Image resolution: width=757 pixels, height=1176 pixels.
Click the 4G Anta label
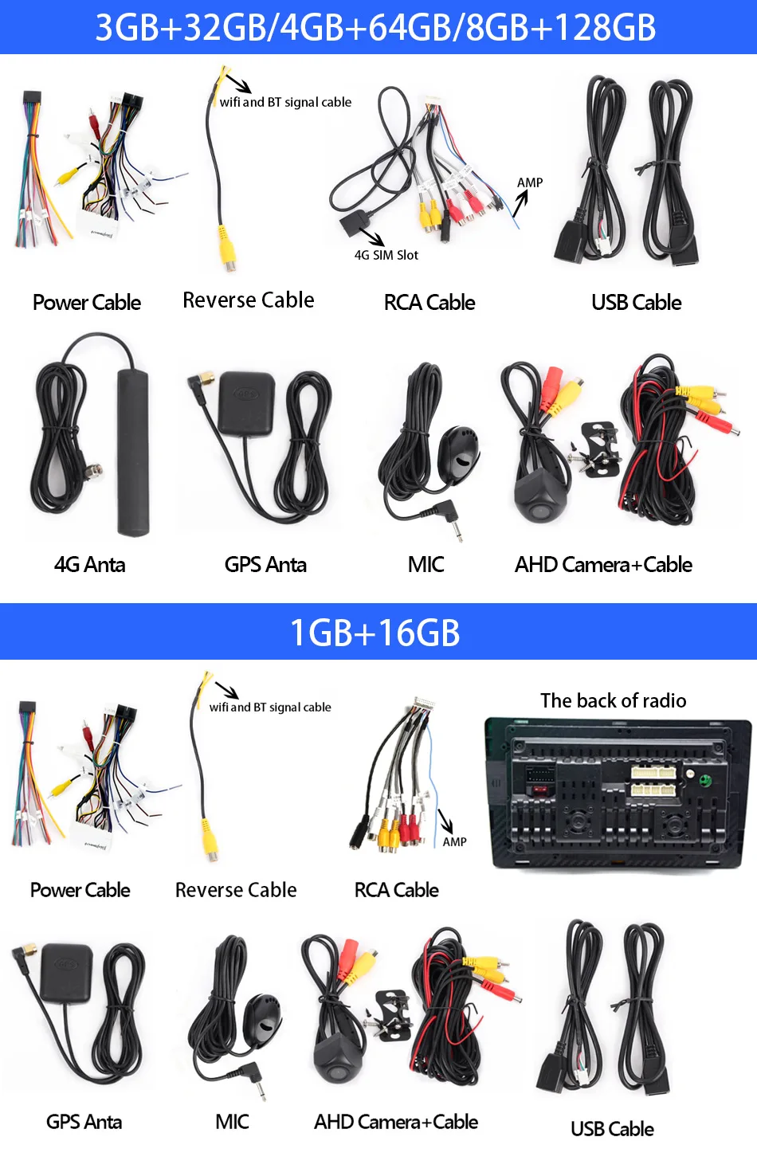point(89,565)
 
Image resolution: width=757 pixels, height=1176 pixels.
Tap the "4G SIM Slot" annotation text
point(386,255)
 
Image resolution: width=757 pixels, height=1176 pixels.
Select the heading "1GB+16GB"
point(375,633)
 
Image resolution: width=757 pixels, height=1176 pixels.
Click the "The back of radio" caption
point(613,700)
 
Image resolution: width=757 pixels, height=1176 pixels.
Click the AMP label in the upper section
point(530,182)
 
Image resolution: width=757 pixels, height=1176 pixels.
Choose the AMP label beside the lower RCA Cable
point(454,842)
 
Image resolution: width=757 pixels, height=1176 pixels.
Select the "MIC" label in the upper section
point(426,565)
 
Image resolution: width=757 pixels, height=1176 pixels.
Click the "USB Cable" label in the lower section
point(612,1129)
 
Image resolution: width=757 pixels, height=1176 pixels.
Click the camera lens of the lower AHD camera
point(338,1072)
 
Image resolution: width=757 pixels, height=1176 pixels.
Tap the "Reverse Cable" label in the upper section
point(248,300)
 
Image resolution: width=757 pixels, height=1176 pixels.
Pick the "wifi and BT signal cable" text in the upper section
point(285,102)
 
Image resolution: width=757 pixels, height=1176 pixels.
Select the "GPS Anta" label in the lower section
point(84,1122)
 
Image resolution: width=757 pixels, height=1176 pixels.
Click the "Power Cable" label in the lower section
point(80,890)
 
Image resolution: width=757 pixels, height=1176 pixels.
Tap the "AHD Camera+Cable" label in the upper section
point(603,565)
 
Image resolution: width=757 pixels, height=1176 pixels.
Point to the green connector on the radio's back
point(704,780)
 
